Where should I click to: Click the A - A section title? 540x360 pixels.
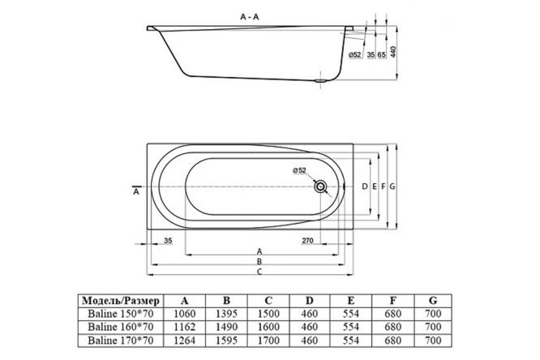[x=250, y=17]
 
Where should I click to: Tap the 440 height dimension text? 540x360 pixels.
[x=393, y=51]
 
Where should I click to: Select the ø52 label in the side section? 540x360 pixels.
[x=354, y=55]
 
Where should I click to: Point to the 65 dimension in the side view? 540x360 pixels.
[x=382, y=55]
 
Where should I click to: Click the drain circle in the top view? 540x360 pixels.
[x=320, y=186]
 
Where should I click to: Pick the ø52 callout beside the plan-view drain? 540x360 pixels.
[x=299, y=169]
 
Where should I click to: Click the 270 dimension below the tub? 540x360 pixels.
[x=307, y=241]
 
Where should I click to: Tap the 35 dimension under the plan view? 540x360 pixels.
[x=168, y=241]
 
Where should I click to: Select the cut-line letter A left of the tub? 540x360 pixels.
[x=136, y=191]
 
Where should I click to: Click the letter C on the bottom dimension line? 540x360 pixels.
[x=259, y=272]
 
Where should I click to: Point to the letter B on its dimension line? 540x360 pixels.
[x=259, y=261]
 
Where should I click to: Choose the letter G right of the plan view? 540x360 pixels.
[x=392, y=186]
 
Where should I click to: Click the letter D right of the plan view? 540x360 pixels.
[x=365, y=186]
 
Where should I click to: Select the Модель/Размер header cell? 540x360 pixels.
[x=121, y=301]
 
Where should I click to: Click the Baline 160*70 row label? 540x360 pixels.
[x=121, y=327]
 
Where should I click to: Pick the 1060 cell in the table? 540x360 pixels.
[x=185, y=314]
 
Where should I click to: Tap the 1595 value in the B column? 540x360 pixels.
[x=226, y=341]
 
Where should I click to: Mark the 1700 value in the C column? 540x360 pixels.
[x=268, y=341]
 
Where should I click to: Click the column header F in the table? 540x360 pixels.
[x=393, y=301]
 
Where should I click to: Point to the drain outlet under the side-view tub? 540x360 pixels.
[x=320, y=81]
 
